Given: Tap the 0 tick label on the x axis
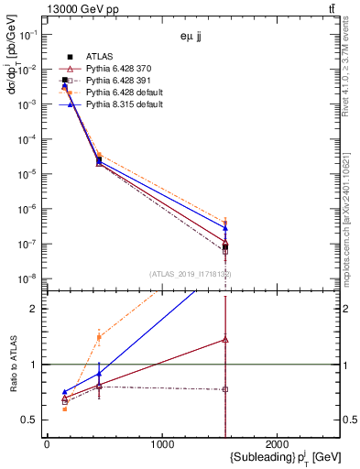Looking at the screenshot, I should click(47, 443).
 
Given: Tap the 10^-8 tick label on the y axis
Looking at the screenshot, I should click(29, 278).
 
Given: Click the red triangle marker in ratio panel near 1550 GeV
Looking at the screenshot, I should click(225, 339).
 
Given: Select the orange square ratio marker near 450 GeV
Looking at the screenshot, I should click(99, 337).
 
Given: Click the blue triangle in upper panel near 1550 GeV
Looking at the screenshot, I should click(225, 228).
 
